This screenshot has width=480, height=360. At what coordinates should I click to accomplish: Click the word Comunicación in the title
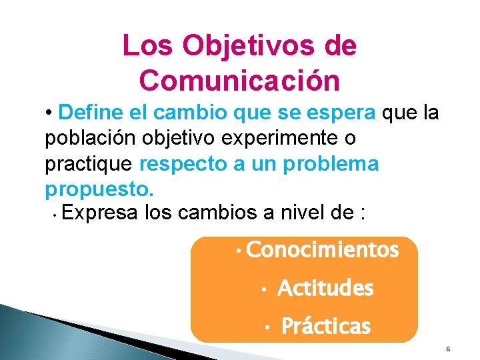click(240, 81)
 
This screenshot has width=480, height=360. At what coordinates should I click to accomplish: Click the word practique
click(89, 163)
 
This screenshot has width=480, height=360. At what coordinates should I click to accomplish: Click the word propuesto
click(99, 189)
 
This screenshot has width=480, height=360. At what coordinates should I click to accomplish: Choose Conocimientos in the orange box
click(322, 251)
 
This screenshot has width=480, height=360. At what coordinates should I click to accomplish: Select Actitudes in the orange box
click(325, 289)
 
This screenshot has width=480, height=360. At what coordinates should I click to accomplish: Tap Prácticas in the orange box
click(326, 327)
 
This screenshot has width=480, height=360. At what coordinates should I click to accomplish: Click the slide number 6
click(448, 349)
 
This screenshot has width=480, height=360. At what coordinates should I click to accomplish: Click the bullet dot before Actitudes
click(265, 290)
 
